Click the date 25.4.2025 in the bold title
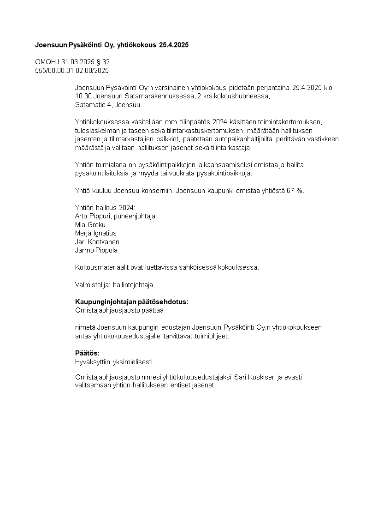tap(174, 45)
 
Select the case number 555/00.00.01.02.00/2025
tap(72, 70)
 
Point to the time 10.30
tap(83, 96)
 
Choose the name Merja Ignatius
tap(95, 233)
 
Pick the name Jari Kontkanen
tap(97, 242)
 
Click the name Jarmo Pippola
tap(96, 250)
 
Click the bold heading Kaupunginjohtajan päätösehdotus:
tap(132, 301)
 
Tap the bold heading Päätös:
tap(87, 353)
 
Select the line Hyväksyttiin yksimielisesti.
tap(115, 361)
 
